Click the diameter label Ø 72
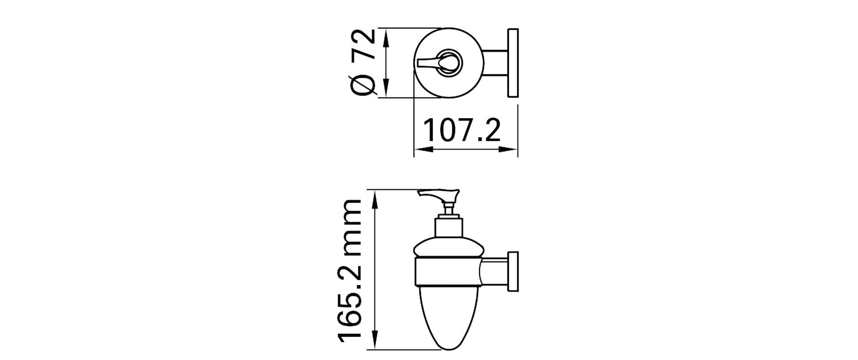point(364,62)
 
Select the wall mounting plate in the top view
point(513,63)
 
